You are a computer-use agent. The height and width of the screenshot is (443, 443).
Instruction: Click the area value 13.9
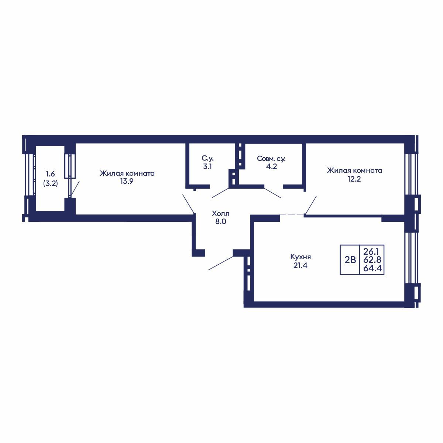[127, 181]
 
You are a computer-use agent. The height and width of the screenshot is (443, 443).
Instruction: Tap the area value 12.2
[354, 179]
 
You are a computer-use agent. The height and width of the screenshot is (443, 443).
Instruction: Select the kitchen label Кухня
[301, 257]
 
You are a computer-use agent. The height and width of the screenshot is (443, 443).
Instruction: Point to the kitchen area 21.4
[301, 265]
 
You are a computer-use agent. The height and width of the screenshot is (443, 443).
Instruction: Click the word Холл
[220, 214]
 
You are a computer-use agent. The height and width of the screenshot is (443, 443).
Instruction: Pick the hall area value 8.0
[221, 221]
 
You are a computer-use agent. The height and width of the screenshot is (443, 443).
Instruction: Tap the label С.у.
[207, 158]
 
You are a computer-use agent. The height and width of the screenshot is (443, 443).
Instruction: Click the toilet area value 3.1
[207, 166]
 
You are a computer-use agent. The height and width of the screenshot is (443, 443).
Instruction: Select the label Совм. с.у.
[271, 159]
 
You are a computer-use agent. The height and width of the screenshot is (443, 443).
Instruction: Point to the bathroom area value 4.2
[271, 166]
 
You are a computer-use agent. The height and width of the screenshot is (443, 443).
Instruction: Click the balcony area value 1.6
[50, 174]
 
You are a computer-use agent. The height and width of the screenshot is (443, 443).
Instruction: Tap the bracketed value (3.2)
[51, 183]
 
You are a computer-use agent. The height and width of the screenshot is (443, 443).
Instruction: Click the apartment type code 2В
[350, 260]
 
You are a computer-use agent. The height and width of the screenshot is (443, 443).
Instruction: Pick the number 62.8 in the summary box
[372, 260]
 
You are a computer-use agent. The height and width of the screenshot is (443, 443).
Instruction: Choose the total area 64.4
[372, 268]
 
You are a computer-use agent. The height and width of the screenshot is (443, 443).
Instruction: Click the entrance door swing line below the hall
[221, 263]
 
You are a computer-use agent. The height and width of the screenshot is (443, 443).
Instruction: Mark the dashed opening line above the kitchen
[292, 215]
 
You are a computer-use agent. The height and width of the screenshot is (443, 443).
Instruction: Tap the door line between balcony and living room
[75, 189]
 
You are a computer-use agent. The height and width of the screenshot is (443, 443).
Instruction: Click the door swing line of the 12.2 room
[311, 205]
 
